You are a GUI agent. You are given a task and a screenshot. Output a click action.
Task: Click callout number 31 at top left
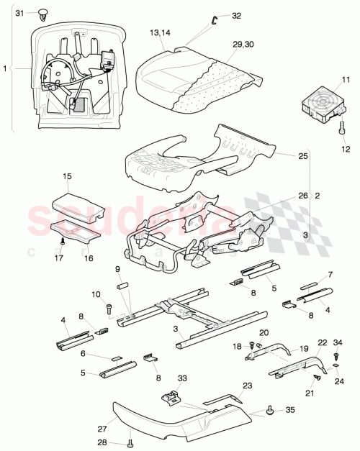[x=19, y=14]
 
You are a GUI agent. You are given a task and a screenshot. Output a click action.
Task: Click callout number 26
[x=303, y=196]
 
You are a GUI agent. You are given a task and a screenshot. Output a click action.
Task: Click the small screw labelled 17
[x=63, y=242]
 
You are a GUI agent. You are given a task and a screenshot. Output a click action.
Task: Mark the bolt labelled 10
[x=109, y=311]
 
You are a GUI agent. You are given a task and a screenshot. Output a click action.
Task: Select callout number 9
[x=118, y=270]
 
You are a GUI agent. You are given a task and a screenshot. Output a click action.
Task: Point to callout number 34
[x=341, y=341]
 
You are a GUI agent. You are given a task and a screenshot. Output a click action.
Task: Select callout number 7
[x=330, y=274]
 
